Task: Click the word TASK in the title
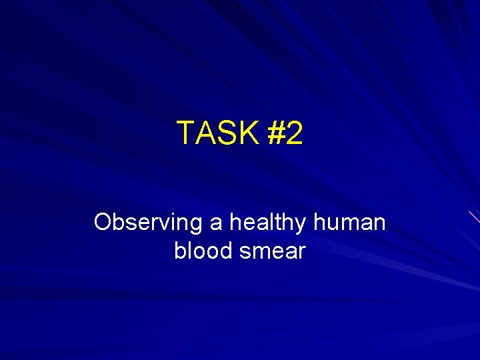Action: (217, 133)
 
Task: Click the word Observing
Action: (149, 223)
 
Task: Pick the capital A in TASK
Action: (206, 133)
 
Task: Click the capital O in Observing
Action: (104, 223)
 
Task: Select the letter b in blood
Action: (180, 251)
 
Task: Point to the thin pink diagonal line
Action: (473, 216)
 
